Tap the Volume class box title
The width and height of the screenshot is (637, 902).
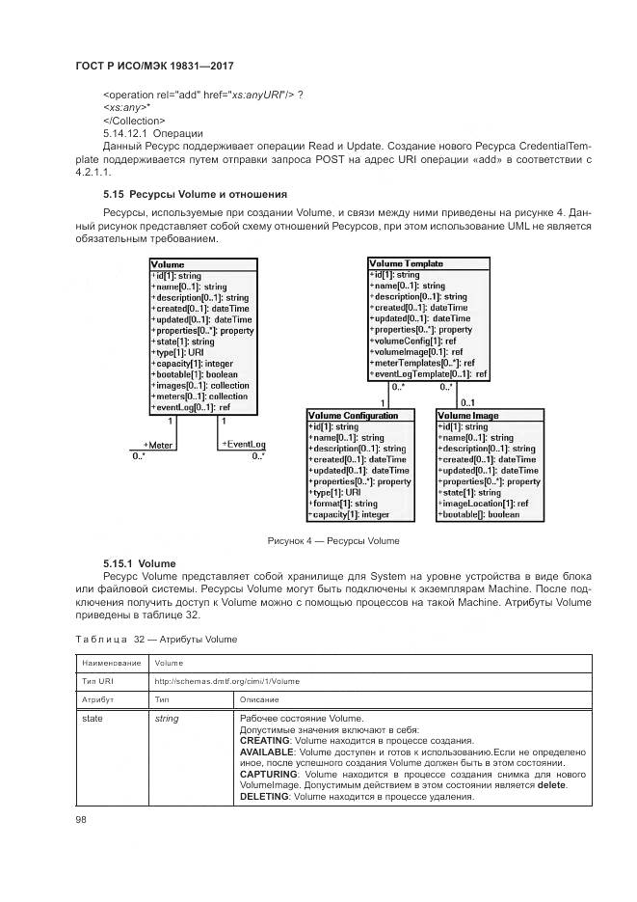(x=168, y=263)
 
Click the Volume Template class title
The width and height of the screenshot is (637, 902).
(x=407, y=262)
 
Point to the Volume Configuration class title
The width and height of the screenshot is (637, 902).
(x=353, y=415)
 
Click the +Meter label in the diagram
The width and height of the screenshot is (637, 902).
(x=157, y=445)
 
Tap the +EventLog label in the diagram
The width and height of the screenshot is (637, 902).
(x=243, y=444)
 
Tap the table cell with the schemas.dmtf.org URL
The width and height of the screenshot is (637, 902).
(x=226, y=680)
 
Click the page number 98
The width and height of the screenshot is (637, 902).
(x=82, y=820)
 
